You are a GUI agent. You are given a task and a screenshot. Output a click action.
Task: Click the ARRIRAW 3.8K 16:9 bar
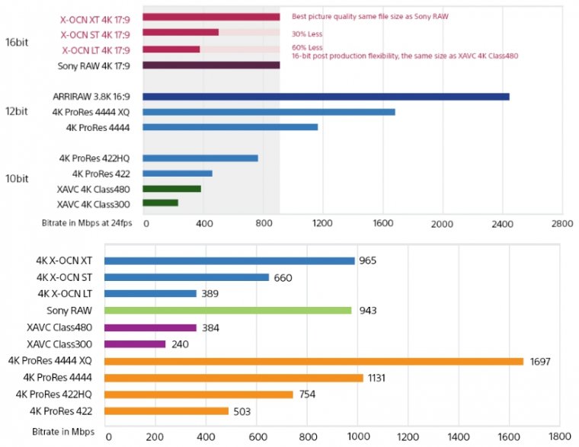coord(325,97)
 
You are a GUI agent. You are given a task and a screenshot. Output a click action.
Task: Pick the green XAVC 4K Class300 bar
coord(160,203)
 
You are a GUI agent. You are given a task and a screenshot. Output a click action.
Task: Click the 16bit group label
coord(16,41)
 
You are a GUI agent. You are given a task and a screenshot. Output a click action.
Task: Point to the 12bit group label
coord(16,111)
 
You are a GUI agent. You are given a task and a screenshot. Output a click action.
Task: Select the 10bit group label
coord(16,180)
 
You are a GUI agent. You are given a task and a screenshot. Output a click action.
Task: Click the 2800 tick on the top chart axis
coord(561,225)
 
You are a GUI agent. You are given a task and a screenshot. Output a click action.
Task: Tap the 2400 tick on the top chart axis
coord(501,225)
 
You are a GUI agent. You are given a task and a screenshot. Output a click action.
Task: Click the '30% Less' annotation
coord(305,34)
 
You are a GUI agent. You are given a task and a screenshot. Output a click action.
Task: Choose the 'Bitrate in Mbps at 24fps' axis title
coord(87,224)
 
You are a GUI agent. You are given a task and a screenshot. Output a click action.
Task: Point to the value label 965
coord(369,260)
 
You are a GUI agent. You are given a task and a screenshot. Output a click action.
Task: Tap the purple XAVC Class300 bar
coord(135,343)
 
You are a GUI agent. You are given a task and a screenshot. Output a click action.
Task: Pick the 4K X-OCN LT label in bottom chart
coord(65,293)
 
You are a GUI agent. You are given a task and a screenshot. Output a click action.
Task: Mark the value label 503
coord(241,411)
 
